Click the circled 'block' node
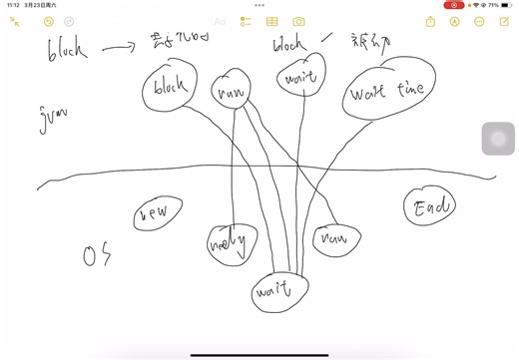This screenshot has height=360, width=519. pyautogui.click(x=170, y=88)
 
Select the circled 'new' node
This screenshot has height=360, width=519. pyautogui.click(x=157, y=213)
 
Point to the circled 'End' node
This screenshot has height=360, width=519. pyautogui.click(x=430, y=206)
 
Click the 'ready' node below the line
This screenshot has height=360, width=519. pyautogui.click(x=232, y=243)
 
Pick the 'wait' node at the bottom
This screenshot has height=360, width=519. pyautogui.click(x=280, y=290)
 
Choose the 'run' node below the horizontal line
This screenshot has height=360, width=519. pyautogui.click(x=336, y=238)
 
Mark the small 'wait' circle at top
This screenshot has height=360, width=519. pyautogui.click(x=301, y=75)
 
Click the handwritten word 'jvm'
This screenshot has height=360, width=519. pyautogui.click(x=54, y=118)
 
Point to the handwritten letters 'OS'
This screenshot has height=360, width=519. pyautogui.click(x=97, y=256)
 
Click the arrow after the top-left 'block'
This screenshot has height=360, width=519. pyautogui.click(x=121, y=47)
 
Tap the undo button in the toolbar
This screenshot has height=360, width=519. pyautogui.click(x=49, y=21)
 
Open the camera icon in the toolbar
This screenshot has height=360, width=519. pyautogui.click(x=298, y=21)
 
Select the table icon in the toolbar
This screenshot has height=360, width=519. pyautogui.click(x=271, y=21)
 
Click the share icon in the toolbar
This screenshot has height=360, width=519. pyautogui.click(x=430, y=21)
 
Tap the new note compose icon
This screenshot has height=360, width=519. pyautogui.click(x=504, y=21)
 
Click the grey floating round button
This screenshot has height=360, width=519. pyautogui.click(x=498, y=139)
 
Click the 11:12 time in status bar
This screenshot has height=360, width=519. pyautogui.click(x=13, y=5)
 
